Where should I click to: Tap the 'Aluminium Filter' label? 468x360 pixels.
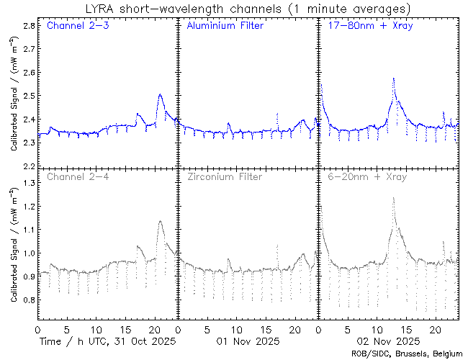pos(225,26)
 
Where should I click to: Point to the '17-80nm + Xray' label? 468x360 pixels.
pos(364,26)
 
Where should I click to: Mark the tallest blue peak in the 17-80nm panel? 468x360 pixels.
pos(393,78)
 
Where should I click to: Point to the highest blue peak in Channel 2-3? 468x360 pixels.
pos(160,94)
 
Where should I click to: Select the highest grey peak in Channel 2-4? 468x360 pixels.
pos(160,221)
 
